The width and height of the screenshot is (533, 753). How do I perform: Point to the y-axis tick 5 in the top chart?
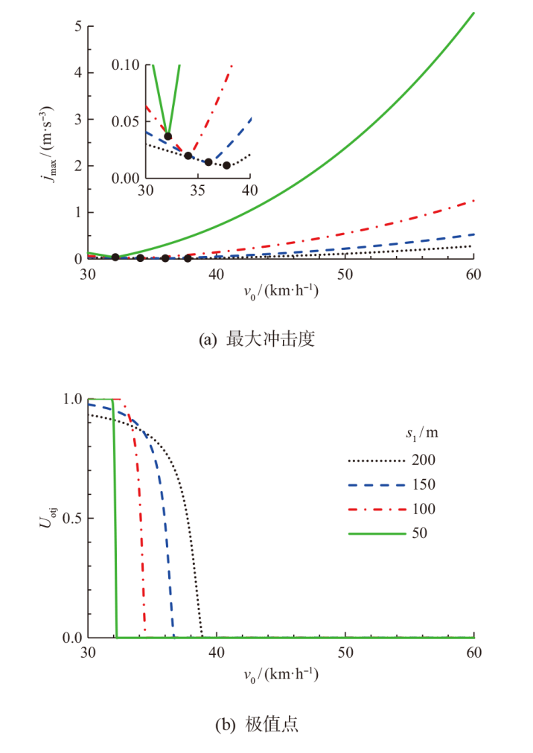pyautogui.click(x=77, y=26)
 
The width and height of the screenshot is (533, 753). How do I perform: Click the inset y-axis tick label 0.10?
pyautogui.click(x=126, y=65)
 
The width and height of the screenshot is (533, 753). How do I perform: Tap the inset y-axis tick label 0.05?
pyautogui.click(x=126, y=121)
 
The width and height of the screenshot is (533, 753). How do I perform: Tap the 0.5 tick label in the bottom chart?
pyautogui.click(x=71, y=518)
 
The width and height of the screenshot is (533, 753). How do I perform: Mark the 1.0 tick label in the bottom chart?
pyautogui.click(x=71, y=399)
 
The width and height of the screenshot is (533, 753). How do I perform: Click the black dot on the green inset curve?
pyautogui.click(x=168, y=136)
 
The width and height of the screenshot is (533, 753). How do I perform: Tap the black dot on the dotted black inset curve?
pyautogui.click(x=226, y=165)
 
